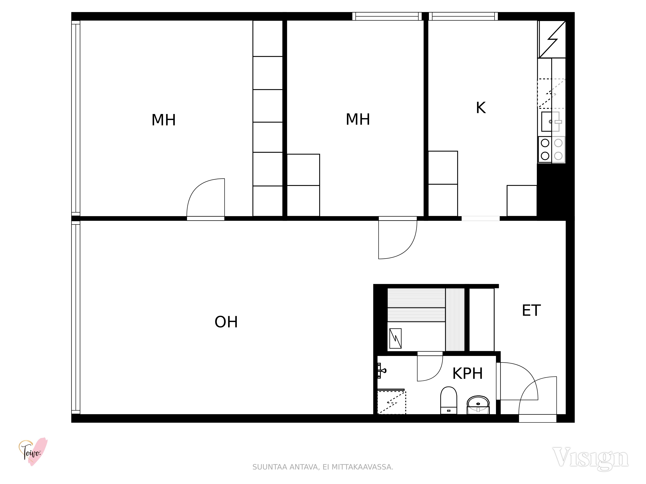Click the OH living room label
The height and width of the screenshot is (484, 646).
click(x=226, y=322)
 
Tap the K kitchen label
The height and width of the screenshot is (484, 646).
click(x=481, y=108)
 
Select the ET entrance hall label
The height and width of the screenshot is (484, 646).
click(x=531, y=310)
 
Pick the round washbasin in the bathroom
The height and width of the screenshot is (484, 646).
click(x=478, y=405)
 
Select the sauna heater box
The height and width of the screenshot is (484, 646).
click(x=395, y=338)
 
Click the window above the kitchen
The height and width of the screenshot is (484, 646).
click(x=463, y=16)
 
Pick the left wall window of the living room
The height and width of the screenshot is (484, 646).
click(x=76, y=317)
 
